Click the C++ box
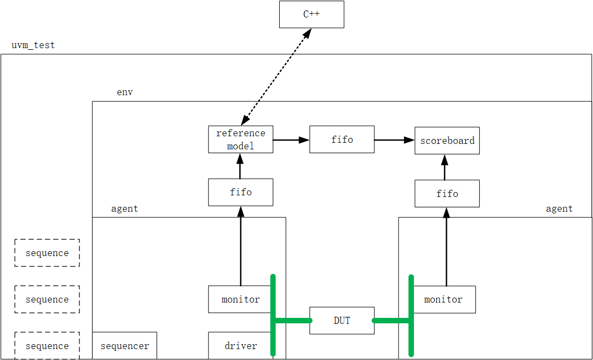312,14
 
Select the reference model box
240,140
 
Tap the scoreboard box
447,141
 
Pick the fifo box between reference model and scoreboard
342,140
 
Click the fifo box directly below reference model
240,192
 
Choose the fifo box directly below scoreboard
447,194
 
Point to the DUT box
342,321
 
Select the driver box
240,346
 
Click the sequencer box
124,346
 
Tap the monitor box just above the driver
240,299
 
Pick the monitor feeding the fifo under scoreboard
444,299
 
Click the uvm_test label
33,45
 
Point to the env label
124,92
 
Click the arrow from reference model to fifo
291,140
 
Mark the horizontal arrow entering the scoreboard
394,140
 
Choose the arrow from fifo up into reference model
240,166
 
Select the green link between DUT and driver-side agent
292,321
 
